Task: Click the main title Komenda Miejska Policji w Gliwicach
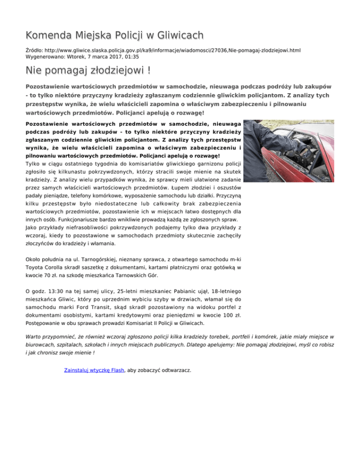(115, 35)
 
